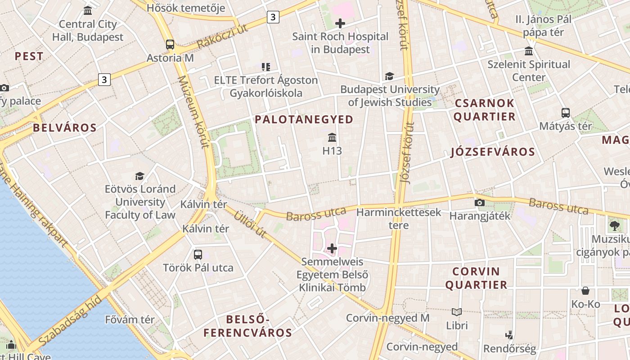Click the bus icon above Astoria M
coord(170,45)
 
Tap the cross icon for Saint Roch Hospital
coord(340,23)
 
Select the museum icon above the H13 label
coord(332,137)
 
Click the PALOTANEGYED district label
coord(304,119)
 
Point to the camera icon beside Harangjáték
coord(480,202)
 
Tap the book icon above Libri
coord(457,312)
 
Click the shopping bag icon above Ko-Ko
coord(585,291)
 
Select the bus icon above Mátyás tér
coord(566,113)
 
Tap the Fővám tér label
coord(130,320)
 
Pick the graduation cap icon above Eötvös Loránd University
coord(140,176)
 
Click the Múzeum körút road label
coord(194,112)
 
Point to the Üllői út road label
coord(250,224)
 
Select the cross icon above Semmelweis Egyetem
coord(332,248)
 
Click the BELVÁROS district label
coord(65,128)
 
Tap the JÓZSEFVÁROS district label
coord(493,152)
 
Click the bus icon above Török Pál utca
coord(198,255)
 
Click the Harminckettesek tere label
coord(399,218)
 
